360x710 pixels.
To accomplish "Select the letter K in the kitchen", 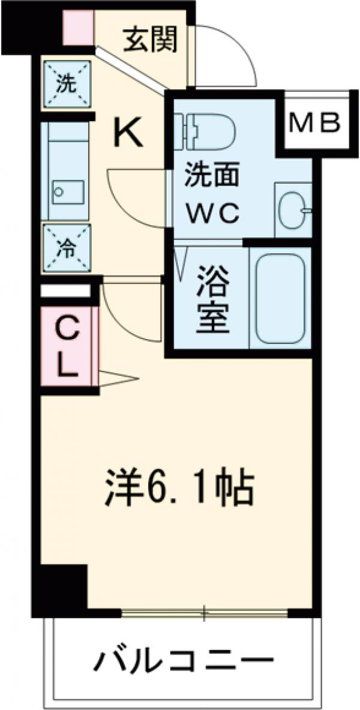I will pos(128,133).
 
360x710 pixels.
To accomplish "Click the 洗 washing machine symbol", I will pos(66,84).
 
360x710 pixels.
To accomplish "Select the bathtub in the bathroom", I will pos(281,298).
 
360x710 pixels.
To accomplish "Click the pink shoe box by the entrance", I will pos(78,28).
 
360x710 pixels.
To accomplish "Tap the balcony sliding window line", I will pos(204,613).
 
